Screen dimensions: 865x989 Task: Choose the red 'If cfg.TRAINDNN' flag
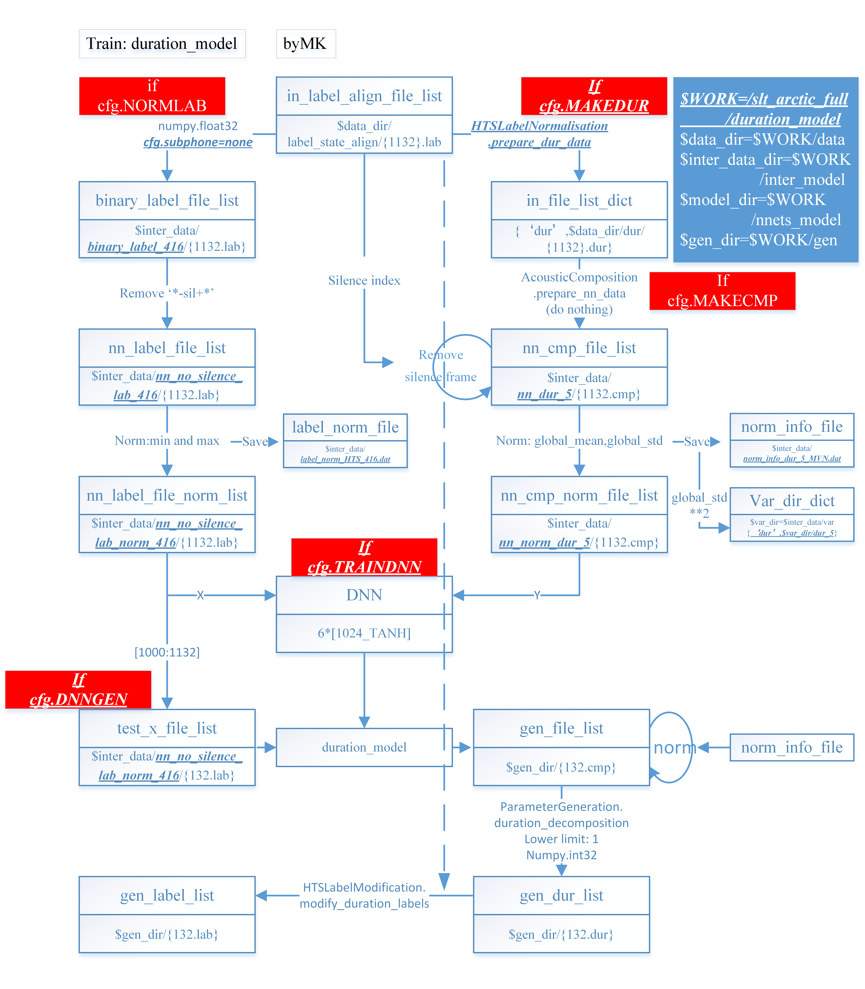point(364,557)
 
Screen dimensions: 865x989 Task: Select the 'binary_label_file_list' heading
point(167,200)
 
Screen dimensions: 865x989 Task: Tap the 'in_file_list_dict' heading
point(579,200)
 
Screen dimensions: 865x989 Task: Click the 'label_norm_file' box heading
point(345,427)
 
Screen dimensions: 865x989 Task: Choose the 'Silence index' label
point(364,281)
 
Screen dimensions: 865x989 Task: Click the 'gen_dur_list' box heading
point(561,895)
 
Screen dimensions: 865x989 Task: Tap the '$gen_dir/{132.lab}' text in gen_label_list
point(167,934)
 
